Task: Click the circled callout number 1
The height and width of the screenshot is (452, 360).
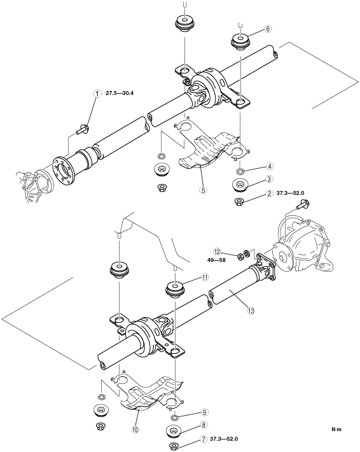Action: coord(98,94)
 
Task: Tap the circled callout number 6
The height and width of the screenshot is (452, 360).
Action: coord(268,29)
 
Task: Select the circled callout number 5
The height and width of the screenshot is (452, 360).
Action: coord(203,190)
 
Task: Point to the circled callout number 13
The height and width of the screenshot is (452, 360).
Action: coord(251,311)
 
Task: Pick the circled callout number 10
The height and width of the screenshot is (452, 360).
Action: coord(135,430)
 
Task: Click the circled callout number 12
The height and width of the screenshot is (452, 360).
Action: coord(217,251)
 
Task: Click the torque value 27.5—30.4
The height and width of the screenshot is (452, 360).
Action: coord(119,93)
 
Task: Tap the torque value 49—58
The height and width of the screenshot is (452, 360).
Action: coord(216,260)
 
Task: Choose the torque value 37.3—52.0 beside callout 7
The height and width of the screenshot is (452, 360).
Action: coord(224,439)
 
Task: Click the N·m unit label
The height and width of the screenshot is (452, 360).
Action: coord(336,429)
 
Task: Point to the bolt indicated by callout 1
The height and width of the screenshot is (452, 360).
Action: coord(83,129)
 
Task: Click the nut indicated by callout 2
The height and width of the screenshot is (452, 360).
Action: coord(239,201)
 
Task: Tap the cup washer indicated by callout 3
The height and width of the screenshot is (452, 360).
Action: coord(240,185)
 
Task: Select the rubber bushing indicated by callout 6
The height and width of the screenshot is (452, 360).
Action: coord(240,42)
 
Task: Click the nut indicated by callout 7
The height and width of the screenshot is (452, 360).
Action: coord(174,446)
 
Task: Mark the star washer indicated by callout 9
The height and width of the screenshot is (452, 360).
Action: coord(175,417)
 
